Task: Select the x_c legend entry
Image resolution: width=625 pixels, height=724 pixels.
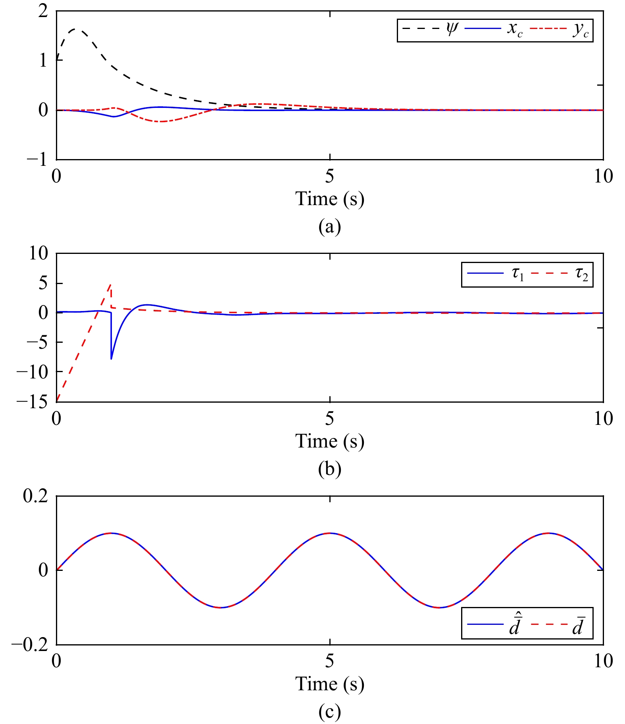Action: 494,29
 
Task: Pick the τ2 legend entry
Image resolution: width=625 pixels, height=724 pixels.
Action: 560,274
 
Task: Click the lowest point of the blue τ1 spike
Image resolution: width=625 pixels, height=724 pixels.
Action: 111,359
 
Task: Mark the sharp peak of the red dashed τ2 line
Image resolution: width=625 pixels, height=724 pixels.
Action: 111,284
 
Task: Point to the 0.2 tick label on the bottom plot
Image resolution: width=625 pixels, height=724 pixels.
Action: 36,496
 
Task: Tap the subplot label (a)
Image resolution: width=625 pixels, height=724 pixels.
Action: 329,227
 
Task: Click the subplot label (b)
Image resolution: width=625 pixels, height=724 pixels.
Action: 329,469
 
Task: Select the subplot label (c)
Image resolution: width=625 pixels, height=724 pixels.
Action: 329,712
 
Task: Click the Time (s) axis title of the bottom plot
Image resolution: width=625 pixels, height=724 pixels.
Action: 329,684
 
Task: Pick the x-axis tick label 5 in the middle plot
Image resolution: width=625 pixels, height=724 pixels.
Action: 329,419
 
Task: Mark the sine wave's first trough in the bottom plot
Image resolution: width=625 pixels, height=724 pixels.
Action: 221,608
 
